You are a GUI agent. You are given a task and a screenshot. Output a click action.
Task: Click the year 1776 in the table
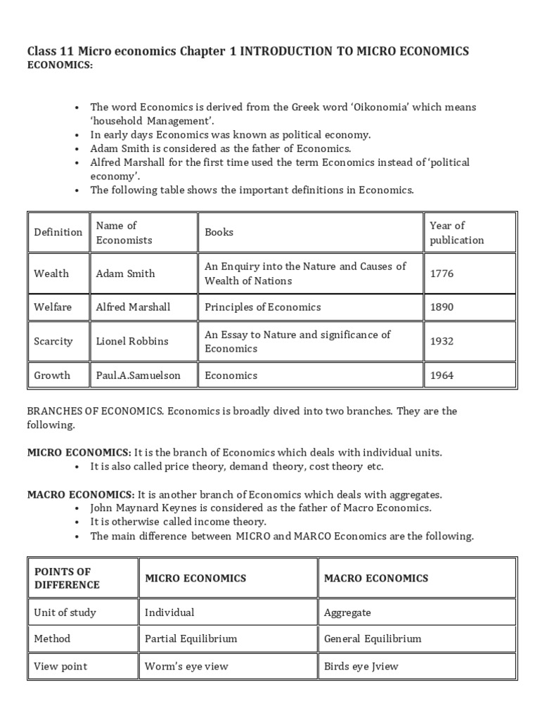[442, 274]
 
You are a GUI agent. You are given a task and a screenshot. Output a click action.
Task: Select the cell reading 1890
[442, 307]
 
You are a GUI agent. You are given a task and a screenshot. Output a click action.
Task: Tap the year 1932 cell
[442, 342]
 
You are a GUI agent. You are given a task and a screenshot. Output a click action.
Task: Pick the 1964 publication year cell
[442, 375]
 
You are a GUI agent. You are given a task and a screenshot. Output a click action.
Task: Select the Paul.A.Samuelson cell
[138, 375]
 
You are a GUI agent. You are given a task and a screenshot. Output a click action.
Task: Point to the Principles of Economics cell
[262, 307]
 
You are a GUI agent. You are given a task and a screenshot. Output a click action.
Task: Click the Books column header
[219, 232]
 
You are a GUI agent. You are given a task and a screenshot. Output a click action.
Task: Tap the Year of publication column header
[456, 233]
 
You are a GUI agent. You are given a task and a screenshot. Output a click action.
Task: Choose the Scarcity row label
[53, 342]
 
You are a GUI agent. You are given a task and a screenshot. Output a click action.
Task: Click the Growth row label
[52, 375]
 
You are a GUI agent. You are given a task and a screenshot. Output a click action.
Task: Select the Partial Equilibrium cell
[191, 639]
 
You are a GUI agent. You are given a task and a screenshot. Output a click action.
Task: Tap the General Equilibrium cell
[373, 639]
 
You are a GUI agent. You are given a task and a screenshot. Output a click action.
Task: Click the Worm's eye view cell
[186, 666]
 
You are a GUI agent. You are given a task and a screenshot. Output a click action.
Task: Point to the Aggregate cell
[347, 612]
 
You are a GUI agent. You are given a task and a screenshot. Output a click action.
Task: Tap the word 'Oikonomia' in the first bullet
[390, 107]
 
